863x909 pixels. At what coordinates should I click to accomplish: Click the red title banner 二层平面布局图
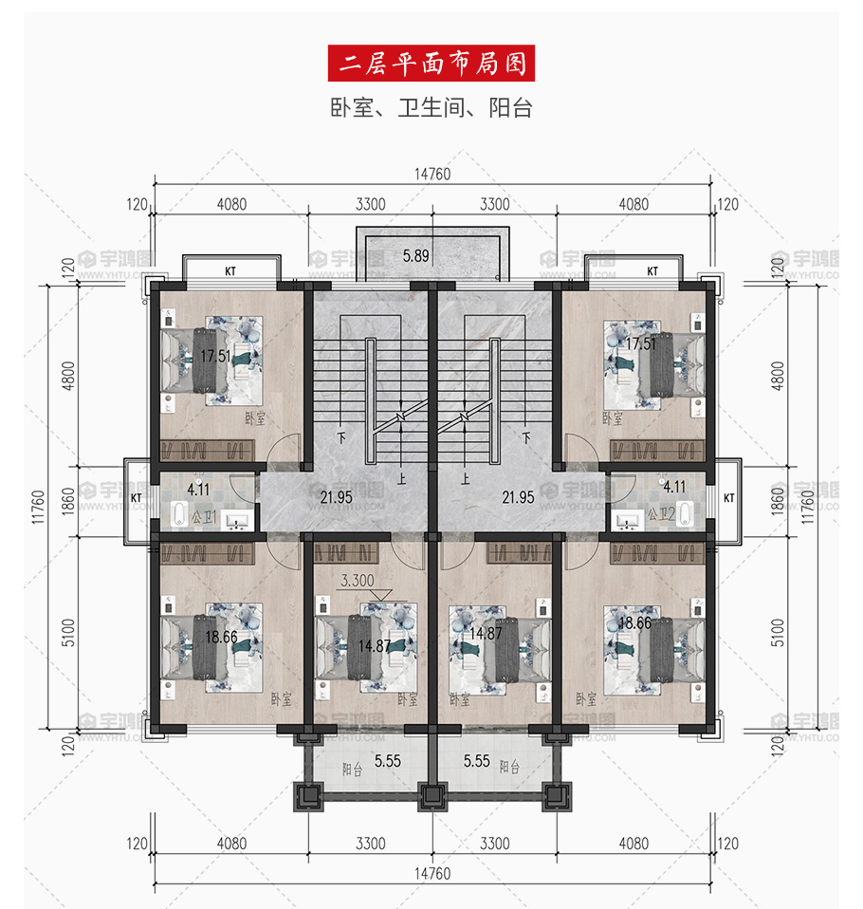pyautogui.click(x=431, y=64)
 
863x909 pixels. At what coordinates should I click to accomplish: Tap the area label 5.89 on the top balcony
pyautogui.click(x=416, y=255)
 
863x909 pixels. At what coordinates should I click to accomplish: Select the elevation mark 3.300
pyautogui.click(x=357, y=581)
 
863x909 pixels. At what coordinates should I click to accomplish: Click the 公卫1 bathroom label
pyautogui.click(x=204, y=516)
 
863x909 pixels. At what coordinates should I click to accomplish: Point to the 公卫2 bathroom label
pyautogui.click(x=661, y=513)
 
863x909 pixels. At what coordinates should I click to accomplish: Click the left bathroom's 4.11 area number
pyautogui.click(x=198, y=490)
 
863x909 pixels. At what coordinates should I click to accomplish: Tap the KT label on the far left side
pyautogui.click(x=137, y=498)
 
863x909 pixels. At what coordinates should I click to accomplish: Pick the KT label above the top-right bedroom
pyautogui.click(x=652, y=270)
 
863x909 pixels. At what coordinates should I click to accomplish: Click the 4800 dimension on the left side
pyautogui.click(x=68, y=376)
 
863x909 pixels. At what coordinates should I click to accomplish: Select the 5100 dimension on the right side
pyautogui.click(x=778, y=633)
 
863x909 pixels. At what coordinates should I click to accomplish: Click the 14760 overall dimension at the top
pyautogui.click(x=432, y=174)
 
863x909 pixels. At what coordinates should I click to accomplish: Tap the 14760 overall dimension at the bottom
pyautogui.click(x=432, y=874)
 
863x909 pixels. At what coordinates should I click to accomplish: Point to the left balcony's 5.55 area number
pyautogui.click(x=388, y=761)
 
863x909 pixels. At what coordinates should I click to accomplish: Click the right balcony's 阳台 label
pyautogui.click(x=509, y=767)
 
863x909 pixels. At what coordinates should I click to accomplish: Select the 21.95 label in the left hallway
pyautogui.click(x=336, y=497)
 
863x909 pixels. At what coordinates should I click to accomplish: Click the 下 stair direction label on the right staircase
pyautogui.click(x=526, y=437)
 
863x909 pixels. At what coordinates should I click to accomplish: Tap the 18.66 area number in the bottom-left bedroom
pyautogui.click(x=221, y=637)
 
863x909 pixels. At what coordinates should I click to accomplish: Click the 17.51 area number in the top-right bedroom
pyautogui.click(x=641, y=343)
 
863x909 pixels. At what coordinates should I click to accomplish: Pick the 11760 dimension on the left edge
pyautogui.click(x=38, y=508)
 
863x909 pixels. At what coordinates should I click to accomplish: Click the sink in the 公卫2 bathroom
pyautogui.click(x=627, y=521)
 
